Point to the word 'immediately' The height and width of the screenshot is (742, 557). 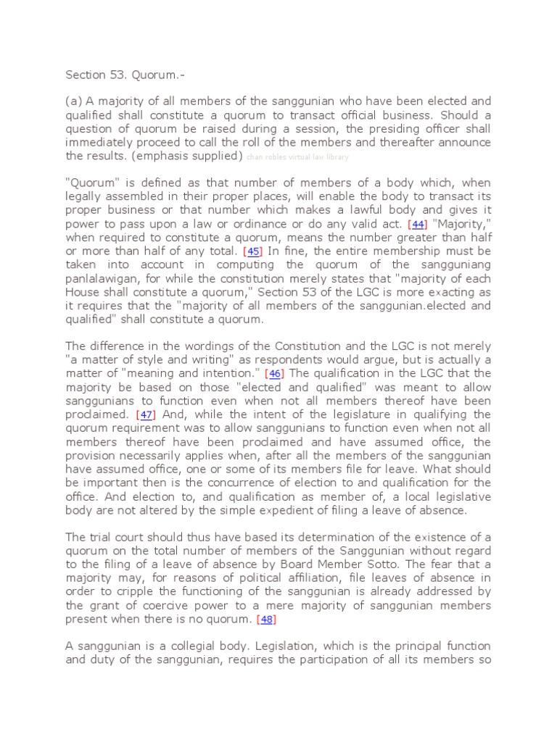click(102, 142)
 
